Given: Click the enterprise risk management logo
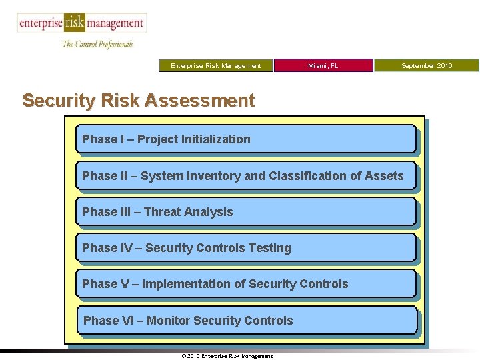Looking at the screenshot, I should (81, 23).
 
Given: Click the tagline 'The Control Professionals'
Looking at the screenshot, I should (97, 44).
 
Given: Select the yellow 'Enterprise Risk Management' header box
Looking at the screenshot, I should (216, 65).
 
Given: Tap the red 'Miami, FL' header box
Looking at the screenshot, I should (323, 65).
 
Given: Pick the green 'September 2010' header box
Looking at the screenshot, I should (427, 65).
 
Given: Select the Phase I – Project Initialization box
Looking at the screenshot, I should (245, 139).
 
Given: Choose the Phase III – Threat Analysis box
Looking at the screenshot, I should (245, 212).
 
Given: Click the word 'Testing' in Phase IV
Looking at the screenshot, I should (269, 248).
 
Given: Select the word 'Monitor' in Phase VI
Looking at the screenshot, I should (169, 321).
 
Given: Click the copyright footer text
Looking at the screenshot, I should (227, 356).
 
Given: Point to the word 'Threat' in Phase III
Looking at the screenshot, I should (162, 212).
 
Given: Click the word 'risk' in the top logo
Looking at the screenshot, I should (75, 23).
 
